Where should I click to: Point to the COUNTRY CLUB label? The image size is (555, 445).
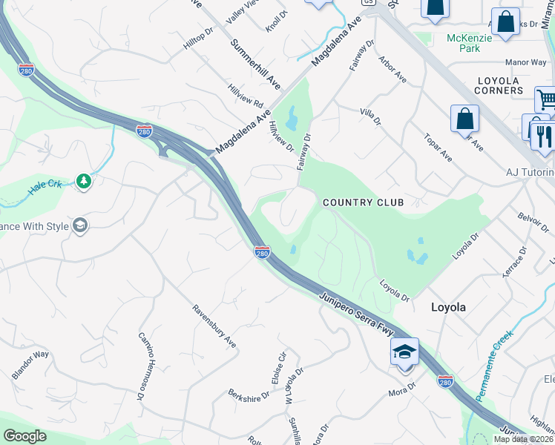coord(363,202)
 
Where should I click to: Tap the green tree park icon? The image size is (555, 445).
coord(84,182)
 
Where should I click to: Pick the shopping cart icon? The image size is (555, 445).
coord(546,99)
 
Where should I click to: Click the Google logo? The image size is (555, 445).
coord(25,436)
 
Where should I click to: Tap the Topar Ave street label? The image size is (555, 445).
coord(437,147)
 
